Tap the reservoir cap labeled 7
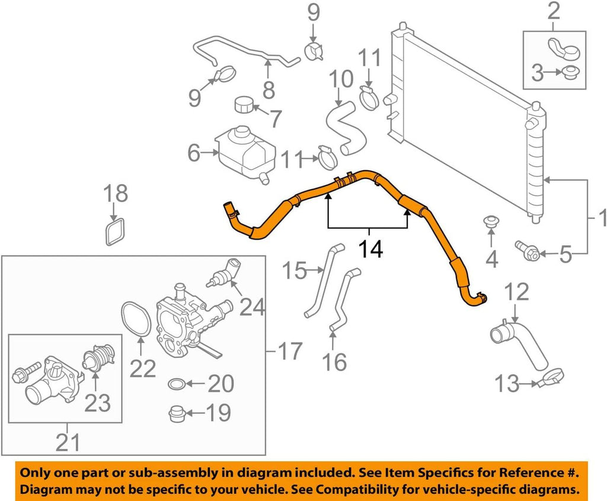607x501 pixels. coord(244,105)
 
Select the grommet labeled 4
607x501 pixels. coord(491,222)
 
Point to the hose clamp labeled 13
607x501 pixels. coord(551,376)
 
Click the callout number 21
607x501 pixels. coord(66,441)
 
